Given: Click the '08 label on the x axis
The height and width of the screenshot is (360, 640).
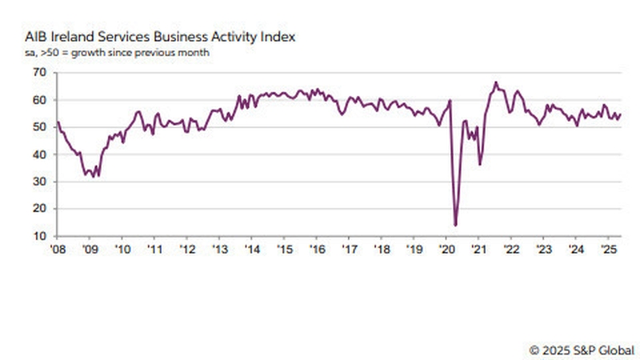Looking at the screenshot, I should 58,250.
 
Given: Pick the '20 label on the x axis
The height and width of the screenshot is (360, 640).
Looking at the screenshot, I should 445,250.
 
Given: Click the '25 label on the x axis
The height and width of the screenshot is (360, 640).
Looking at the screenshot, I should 606,250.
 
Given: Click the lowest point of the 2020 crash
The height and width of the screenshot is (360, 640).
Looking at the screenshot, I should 455,225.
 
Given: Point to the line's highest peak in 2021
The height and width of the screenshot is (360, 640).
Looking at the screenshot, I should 496,82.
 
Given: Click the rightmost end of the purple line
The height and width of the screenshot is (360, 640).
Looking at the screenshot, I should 621,114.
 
